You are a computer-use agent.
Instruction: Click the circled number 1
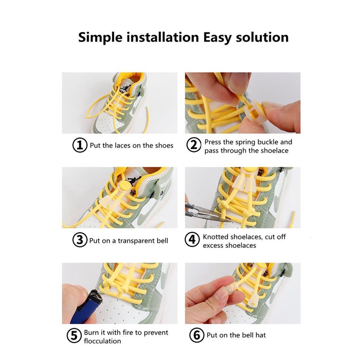(x=80, y=145)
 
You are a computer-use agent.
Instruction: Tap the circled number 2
(x=194, y=145)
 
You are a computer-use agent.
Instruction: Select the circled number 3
(x=80, y=240)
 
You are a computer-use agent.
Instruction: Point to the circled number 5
(x=74, y=335)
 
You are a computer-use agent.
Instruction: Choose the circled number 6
(x=196, y=335)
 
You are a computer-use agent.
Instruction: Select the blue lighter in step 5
(x=84, y=307)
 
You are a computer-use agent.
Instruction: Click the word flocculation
(x=103, y=341)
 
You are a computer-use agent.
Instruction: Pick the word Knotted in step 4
(x=216, y=237)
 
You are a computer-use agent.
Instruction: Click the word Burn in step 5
(x=91, y=333)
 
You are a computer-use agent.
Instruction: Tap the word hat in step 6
(x=261, y=335)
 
